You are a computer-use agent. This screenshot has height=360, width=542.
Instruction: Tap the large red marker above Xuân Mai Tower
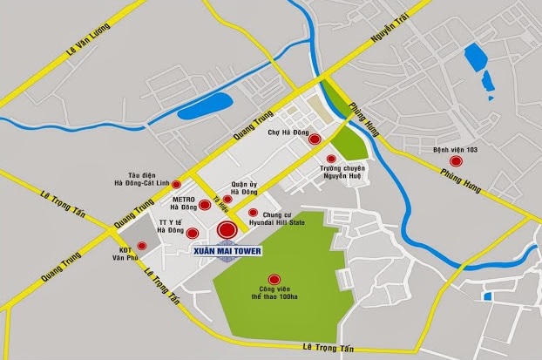(x=227, y=230)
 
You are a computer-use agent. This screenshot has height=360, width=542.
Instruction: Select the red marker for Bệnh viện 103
(x=455, y=161)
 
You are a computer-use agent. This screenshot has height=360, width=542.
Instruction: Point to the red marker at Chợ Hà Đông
(x=314, y=139)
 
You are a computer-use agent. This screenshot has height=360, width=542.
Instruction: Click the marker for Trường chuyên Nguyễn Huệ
(x=331, y=160)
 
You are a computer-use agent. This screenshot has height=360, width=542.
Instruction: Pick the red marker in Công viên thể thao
(x=274, y=279)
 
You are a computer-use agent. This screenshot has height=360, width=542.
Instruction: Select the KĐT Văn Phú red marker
(x=142, y=247)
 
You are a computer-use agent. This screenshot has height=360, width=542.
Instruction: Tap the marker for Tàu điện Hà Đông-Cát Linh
(x=177, y=185)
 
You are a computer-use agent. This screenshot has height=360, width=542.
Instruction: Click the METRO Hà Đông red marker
(x=205, y=206)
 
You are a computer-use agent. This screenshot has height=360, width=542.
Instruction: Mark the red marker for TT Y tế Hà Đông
(x=193, y=233)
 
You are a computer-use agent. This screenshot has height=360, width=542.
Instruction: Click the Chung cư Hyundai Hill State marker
(x=253, y=213)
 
